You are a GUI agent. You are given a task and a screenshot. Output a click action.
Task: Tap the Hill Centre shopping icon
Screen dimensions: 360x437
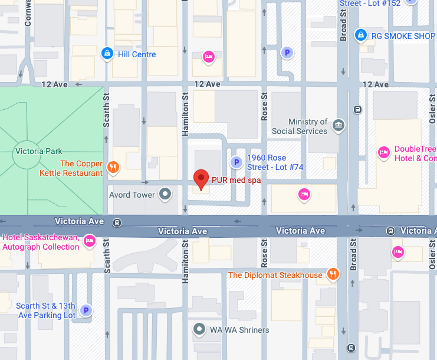coord(107,54)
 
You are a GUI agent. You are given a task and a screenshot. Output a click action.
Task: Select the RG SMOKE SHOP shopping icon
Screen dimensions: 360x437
coord(360,36)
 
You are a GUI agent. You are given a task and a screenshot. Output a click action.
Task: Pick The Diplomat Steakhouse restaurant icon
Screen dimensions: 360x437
coord(334,274)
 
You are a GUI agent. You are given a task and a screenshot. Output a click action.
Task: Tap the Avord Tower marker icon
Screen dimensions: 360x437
coord(166,194)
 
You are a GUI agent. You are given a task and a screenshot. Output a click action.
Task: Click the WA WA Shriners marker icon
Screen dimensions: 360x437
coord(199,329)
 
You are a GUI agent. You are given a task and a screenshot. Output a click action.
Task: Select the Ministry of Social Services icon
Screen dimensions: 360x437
coord(338,125)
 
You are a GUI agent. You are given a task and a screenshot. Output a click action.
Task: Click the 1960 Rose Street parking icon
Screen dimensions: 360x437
coord(236,162)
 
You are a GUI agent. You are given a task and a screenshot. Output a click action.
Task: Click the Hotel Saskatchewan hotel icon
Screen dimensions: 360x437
coord(90,241)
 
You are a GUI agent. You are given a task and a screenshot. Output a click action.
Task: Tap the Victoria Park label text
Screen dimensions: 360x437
coord(39,152)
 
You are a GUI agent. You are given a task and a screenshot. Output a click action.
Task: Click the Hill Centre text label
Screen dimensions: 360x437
coord(137,54)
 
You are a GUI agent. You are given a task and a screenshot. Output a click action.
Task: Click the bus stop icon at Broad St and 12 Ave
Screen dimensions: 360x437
coord(357,109)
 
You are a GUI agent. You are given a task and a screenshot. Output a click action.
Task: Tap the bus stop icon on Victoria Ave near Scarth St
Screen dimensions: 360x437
coord(118,222)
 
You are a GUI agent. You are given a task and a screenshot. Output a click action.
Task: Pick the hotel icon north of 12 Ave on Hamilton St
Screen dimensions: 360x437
coord(208,57)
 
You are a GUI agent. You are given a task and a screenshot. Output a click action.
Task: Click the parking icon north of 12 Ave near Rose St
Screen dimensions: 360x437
coord(287,53)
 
